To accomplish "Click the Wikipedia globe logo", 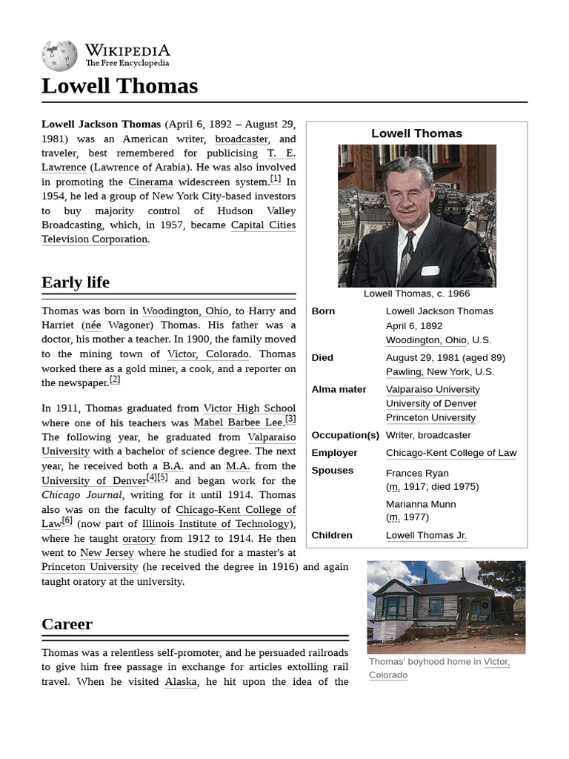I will click(59, 56).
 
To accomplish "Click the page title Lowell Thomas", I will click(119, 86).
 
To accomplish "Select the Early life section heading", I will click(76, 282).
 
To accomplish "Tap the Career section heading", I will click(67, 624).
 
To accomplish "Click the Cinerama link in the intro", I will click(150, 182).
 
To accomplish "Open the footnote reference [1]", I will click(275, 179).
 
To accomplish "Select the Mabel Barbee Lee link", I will click(238, 422).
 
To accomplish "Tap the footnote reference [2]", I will click(115, 380).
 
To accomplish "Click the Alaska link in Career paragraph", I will click(181, 682).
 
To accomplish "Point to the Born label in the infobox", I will click(323, 311).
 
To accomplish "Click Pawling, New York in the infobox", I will click(427, 372).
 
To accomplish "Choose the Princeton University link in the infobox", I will click(430, 418).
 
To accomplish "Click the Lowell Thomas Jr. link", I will click(426, 535).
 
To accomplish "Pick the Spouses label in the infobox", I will click(333, 471).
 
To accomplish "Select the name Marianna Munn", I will click(421, 504).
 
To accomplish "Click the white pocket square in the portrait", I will click(430, 271).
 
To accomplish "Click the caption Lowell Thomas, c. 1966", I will click(416, 294).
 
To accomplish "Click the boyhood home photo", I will click(446, 607).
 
